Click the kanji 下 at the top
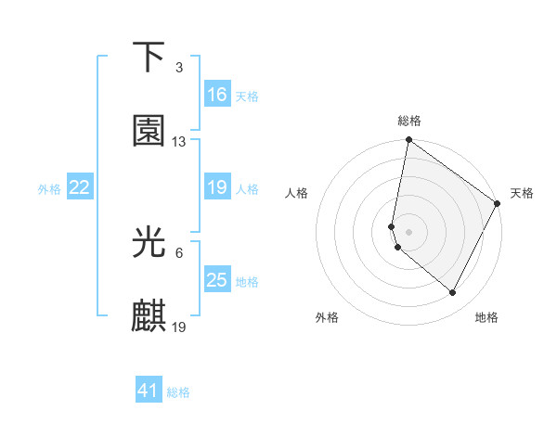coord(149,58)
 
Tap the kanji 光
coord(149,243)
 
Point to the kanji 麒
coord(149,316)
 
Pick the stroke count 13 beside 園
coord(179,142)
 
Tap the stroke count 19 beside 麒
coord(180,327)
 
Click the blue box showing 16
coord(217,95)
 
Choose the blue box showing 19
coord(217,187)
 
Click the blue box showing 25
coord(217,280)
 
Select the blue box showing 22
coord(80,187)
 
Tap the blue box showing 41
coord(149,391)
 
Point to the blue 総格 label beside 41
coord(178,392)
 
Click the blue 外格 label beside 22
coord(49,189)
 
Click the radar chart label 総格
coord(408,121)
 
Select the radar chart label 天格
coord(522,193)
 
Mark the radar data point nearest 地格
coord(453,293)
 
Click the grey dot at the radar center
coord(408,231)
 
